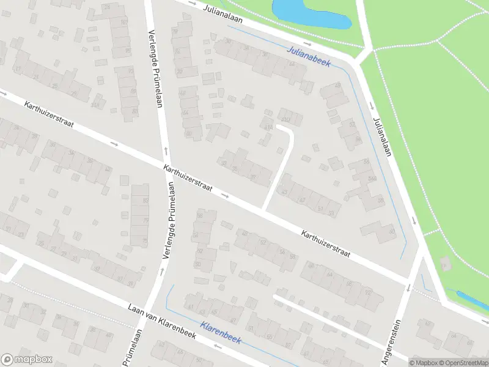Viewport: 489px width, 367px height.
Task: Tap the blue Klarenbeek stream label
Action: coord(221,332)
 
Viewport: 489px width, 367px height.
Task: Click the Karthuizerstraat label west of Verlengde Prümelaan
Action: coord(49,114)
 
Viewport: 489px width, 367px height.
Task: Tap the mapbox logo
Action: coord(26,360)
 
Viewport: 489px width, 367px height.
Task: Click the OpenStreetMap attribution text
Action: coord(463,362)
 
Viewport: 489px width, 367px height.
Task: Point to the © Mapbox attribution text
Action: coord(423,362)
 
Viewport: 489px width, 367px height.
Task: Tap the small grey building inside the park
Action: coord(446,264)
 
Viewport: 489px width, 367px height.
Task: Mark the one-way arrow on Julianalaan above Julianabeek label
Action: coord(308,45)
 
